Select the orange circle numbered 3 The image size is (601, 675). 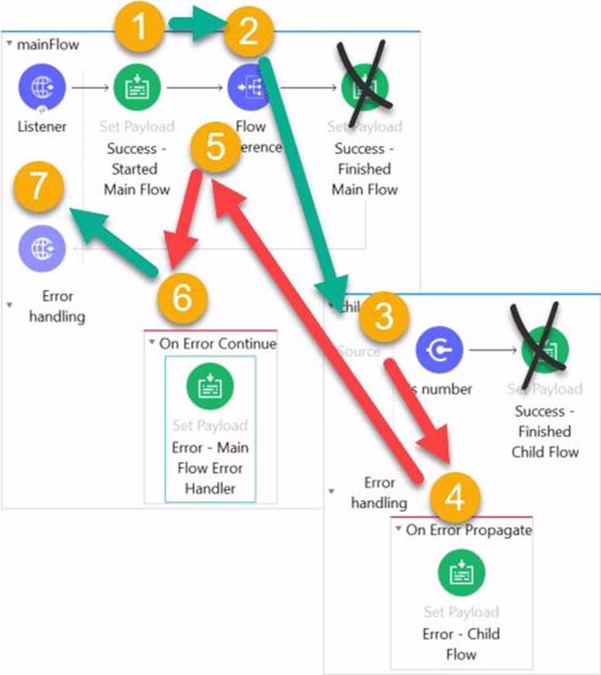pyautogui.click(x=381, y=319)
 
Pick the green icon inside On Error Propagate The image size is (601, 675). pyautogui.click(x=461, y=572)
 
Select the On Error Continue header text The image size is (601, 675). pyautogui.click(x=218, y=343)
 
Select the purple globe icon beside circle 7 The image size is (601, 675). pyautogui.click(x=43, y=247)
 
